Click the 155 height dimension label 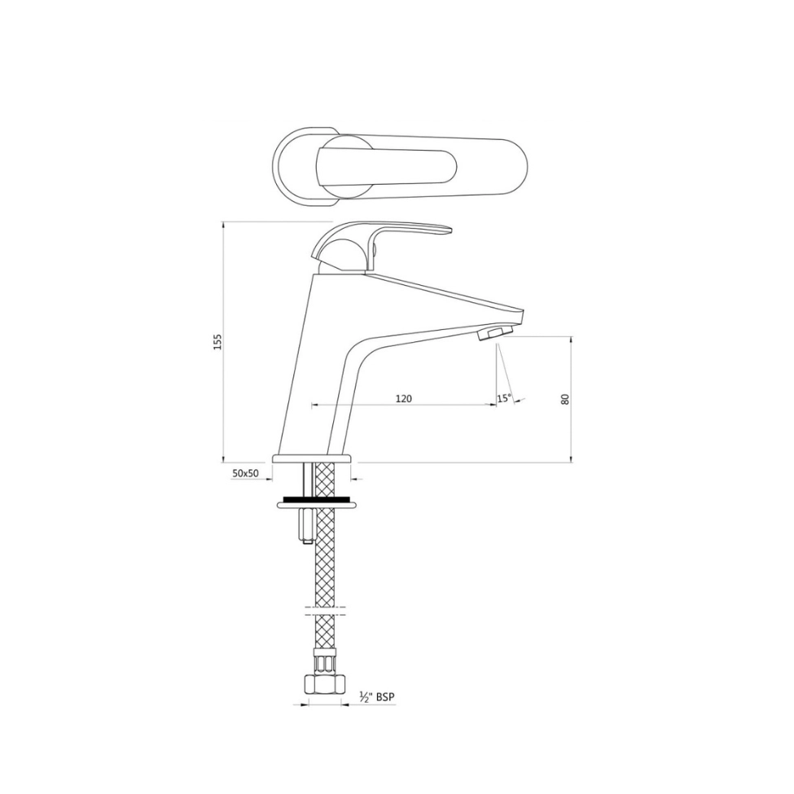pyautogui.click(x=217, y=342)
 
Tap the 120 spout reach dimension pyautogui.click(x=403, y=398)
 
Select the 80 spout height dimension pyautogui.click(x=565, y=399)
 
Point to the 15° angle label pyautogui.click(x=504, y=398)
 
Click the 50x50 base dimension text pyautogui.click(x=245, y=472)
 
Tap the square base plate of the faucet pyautogui.click(x=312, y=459)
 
